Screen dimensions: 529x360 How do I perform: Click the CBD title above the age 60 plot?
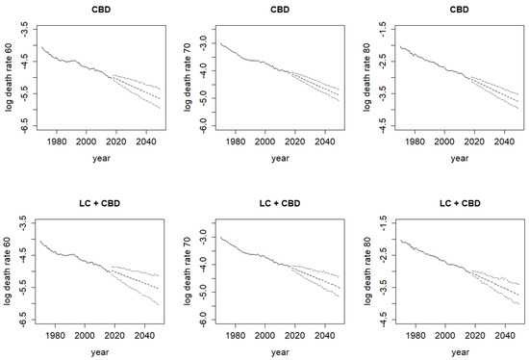click(x=101, y=10)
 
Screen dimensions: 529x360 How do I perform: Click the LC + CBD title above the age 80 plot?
click(x=460, y=203)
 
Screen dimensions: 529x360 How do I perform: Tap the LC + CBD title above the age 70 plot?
click(x=280, y=203)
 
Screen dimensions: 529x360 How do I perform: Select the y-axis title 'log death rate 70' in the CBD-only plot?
click(x=188, y=77)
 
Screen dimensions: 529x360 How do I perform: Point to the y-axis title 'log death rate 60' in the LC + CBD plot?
click(x=8, y=271)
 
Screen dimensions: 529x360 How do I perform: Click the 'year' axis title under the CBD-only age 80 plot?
click(x=460, y=158)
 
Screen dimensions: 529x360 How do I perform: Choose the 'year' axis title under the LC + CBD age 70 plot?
click(x=280, y=352)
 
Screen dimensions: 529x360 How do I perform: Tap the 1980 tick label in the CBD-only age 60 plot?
click(x=57, y=141)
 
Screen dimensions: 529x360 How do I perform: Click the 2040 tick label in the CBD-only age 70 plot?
click(x=325, y=141)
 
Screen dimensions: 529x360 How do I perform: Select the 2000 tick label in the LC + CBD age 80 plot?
click(x=444, y=335)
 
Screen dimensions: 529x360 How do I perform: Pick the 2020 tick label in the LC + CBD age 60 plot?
click(x=114, y=335)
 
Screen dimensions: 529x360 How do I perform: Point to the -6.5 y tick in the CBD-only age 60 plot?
click(x=25, y=126)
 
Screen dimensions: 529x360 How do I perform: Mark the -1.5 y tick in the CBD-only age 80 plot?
click(x=384, y=30)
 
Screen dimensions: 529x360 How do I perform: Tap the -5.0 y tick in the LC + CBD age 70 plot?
click(x=205, y=292)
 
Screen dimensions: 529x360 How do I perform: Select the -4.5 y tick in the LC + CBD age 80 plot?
click(x=384, y=320)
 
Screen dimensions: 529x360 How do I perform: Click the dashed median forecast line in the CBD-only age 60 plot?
click(x=136, y=88)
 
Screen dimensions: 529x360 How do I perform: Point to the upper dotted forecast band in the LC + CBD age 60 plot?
click(x=135, y=270)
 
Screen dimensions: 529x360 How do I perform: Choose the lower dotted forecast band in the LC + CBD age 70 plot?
click(x=315, y=281)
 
